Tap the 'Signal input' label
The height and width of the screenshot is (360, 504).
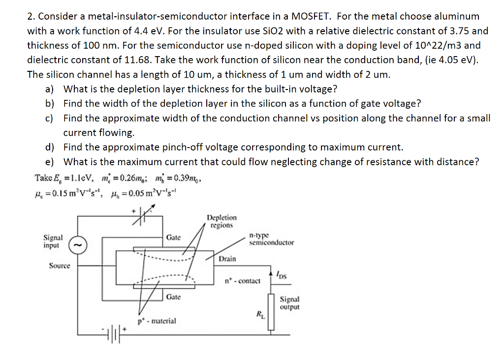(53, 241)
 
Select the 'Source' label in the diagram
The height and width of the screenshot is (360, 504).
(60, 266)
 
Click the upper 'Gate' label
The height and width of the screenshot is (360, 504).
(173, 238)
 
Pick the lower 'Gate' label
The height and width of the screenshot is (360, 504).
(173, 297)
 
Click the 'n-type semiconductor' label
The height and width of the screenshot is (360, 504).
(271, 239)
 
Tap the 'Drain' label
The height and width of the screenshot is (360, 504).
(227, 259)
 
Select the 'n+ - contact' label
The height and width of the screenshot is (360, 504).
(242, 281)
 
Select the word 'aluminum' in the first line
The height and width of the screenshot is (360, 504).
(456, 17)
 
